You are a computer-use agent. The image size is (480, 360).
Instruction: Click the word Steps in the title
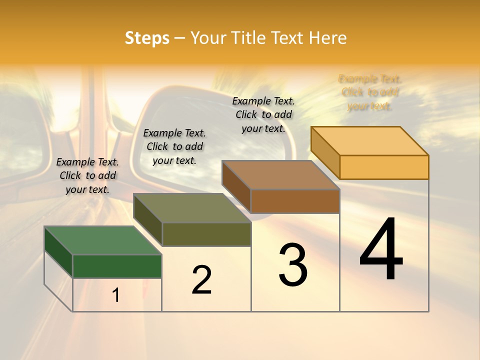(x=147, y=38)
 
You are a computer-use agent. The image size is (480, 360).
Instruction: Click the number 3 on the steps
(x=293, y=265)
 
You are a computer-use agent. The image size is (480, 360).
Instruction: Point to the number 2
(x=201, y=280)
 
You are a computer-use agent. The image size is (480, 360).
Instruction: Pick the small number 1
(x=116, y=295)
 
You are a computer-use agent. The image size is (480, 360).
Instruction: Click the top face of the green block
(x=102, y=240)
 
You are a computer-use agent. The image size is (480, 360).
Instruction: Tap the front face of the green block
(x=117, y=266)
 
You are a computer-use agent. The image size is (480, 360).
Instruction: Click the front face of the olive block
(x=206, y=234)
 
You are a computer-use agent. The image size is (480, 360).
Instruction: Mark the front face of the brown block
(x=295, y=201)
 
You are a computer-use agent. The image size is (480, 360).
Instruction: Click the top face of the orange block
(x=370, y=141)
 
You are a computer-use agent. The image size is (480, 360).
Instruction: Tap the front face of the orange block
(x=384, y=167)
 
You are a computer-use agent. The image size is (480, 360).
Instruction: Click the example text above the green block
(x=87, y=175)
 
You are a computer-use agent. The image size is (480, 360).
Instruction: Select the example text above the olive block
(x=174, y=146)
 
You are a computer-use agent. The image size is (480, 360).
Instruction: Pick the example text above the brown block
(x=263, y=114)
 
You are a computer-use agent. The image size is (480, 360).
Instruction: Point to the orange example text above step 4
(x=370, y=92)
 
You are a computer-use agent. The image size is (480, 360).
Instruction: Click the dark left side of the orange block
(x=325, y=152)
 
